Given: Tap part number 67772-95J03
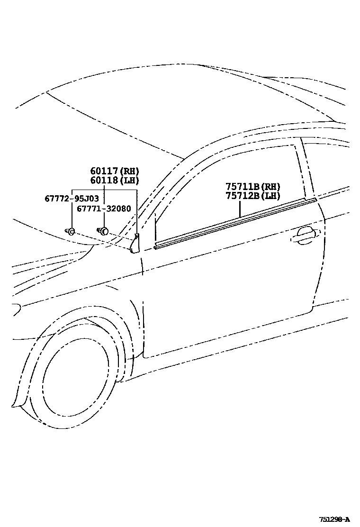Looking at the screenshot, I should point(72,198).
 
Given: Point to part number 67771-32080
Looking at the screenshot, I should point(105,209).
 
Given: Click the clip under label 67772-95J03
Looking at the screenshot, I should point(71,231).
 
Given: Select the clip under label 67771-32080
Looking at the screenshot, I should point(103,231).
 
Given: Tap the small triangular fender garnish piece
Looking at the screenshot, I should point(135,244).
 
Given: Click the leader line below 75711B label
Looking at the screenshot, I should point(240,209).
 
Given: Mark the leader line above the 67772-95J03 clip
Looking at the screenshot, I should point(71,216).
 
